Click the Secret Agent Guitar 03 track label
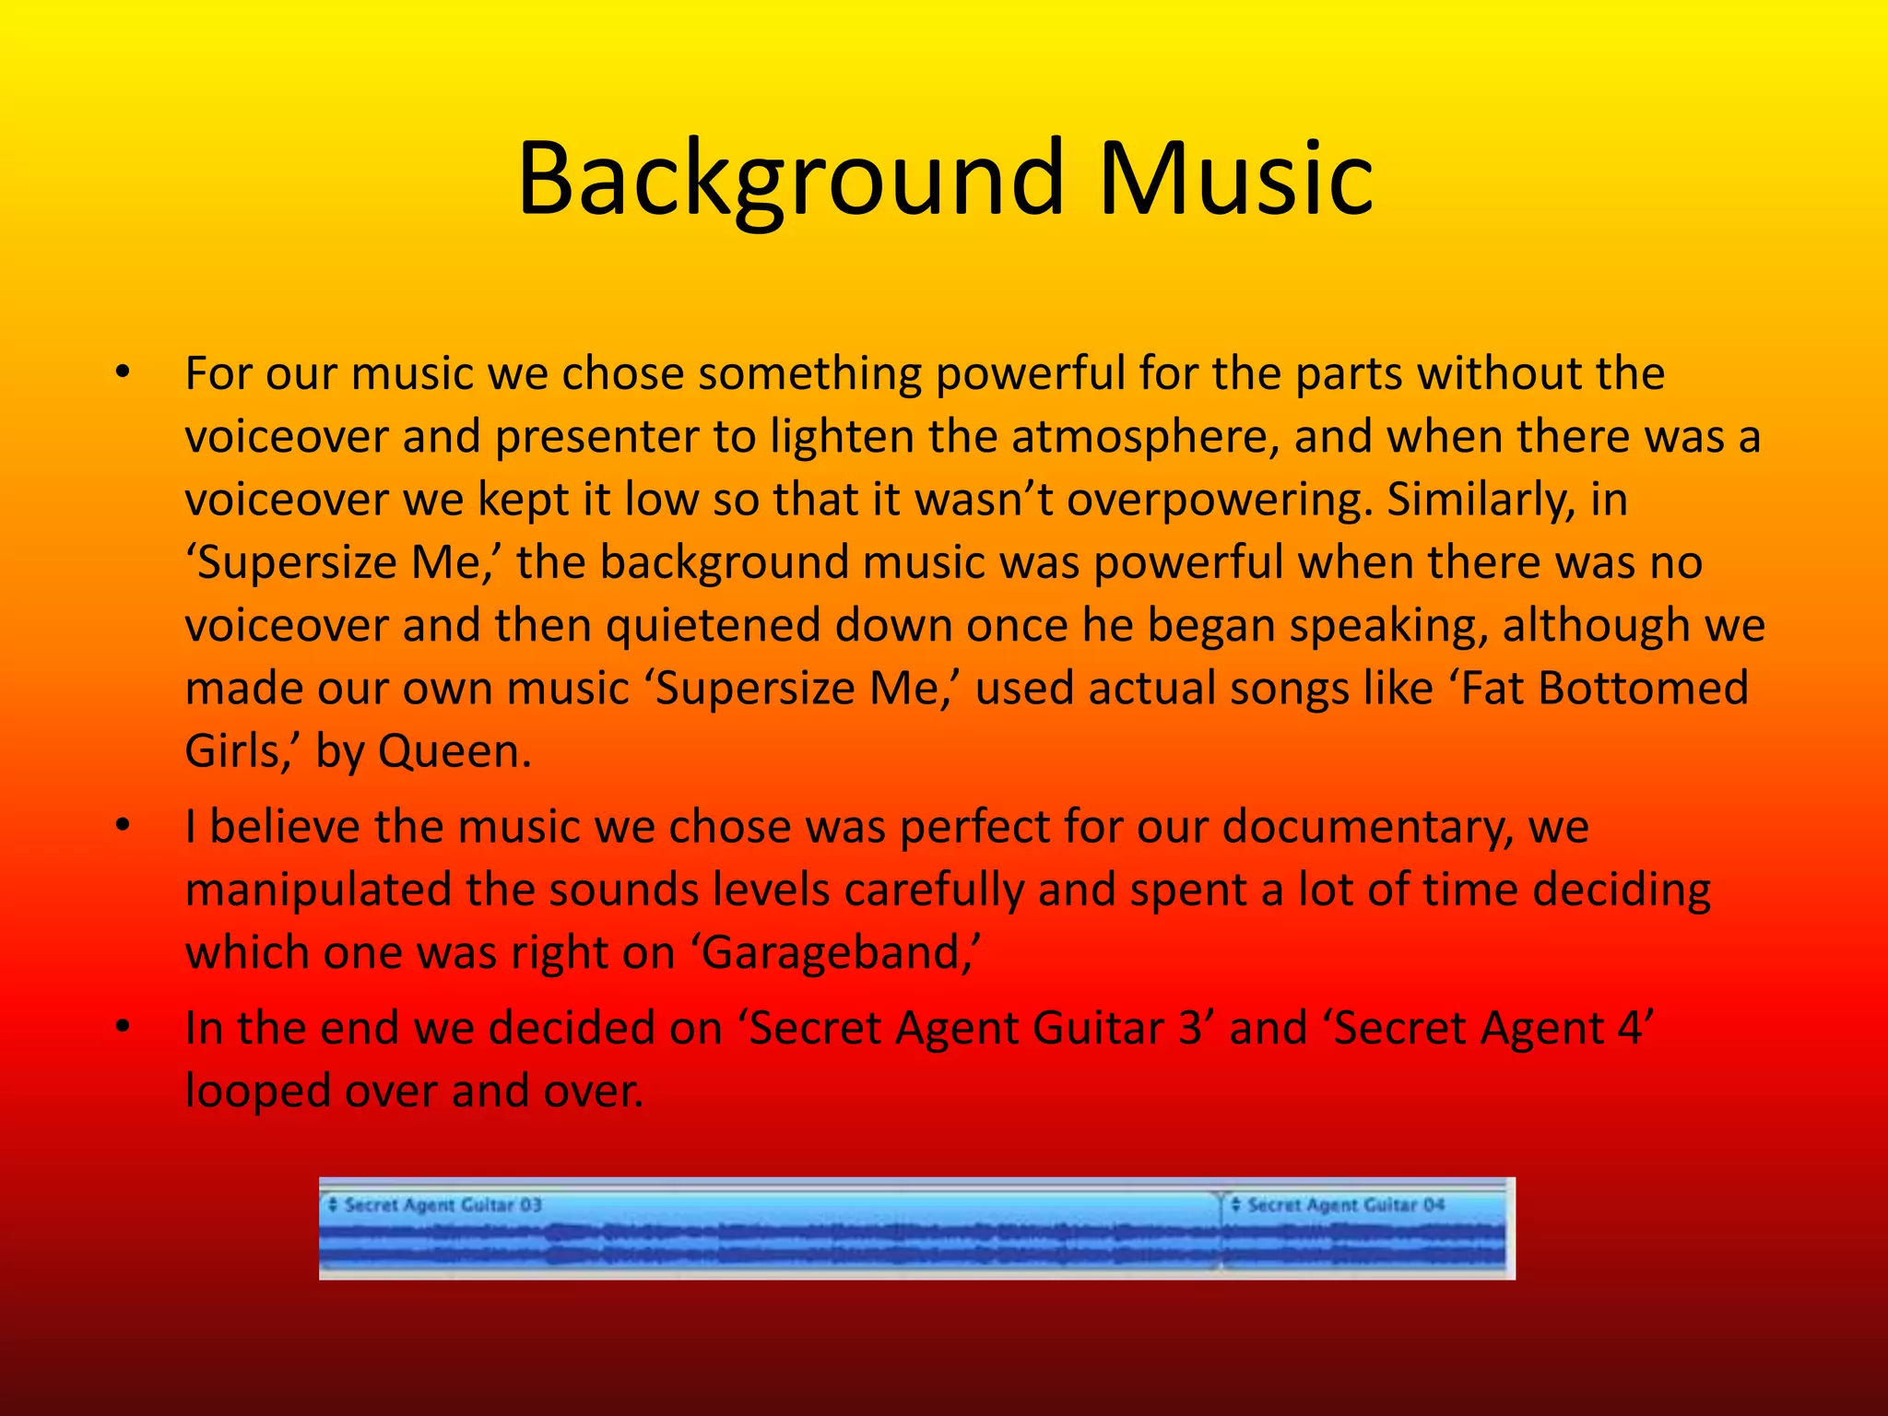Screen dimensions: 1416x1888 coord(442,1205)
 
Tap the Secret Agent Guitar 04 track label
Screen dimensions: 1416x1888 coord(1345,1205)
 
